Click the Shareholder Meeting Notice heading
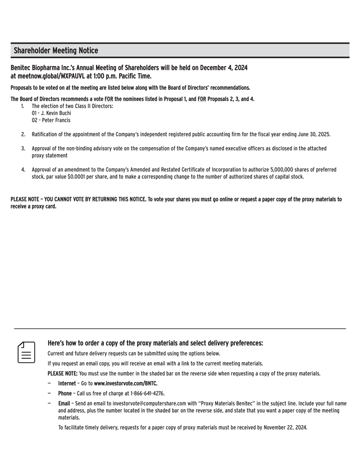56,50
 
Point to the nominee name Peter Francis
56,120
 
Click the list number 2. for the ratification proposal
23,134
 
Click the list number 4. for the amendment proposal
23,169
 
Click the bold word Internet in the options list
67,383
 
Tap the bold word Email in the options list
64,403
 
